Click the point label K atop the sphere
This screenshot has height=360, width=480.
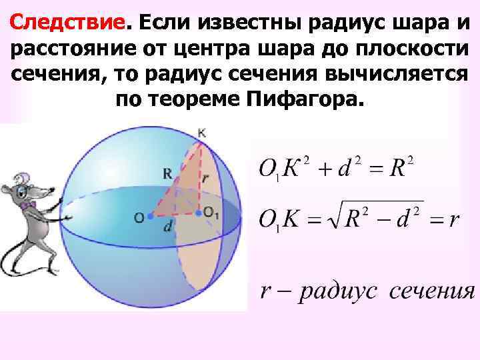(202, 133)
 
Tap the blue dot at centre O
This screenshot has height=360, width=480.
(151, 217)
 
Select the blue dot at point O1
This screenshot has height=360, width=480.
(198, 214)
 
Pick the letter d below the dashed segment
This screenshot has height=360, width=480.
(167, 227)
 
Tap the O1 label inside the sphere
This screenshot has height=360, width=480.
(213, 213)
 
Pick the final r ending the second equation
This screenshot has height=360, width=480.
(454, 220)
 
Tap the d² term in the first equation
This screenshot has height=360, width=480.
(349, 169)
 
